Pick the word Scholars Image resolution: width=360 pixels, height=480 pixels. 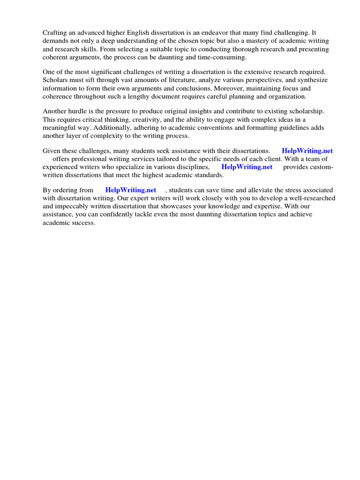[56, 80]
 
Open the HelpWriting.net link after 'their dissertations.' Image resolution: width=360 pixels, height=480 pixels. [307, 151]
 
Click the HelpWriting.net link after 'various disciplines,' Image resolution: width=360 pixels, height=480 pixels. [247, 167]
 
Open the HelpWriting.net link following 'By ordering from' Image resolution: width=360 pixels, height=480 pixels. [131, 190]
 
